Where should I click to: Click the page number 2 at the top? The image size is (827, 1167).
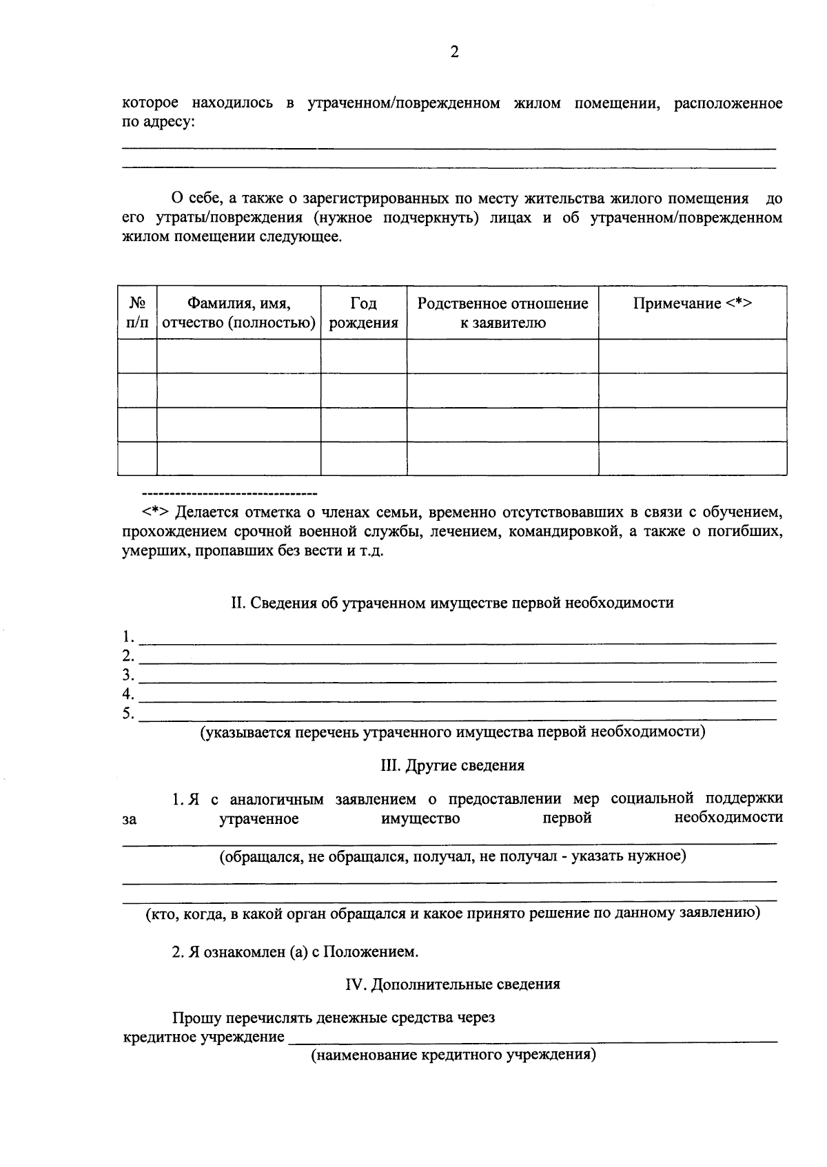(x=454, y=52)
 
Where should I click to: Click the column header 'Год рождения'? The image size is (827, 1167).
(x=363, y=313)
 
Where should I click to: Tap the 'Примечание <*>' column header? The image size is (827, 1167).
(x=692, y=304)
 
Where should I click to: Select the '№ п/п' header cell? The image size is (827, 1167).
(x=137, y=313)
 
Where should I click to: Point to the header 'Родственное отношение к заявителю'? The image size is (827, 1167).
(x=502, y=313)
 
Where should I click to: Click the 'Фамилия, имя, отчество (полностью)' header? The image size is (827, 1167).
(x=238, y=313)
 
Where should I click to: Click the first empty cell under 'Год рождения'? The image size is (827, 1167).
(x=363, y=356)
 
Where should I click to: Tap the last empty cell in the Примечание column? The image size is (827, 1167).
(x=692, y=458)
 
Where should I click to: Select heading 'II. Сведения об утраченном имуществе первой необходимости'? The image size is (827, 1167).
(x=452, y=603)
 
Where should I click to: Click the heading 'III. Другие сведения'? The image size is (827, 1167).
(x=452, y=765)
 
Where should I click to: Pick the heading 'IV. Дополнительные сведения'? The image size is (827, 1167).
(x=452, y=984)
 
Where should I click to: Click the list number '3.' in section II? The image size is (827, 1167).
(x=128, y=674)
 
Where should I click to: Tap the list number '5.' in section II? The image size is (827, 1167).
(x=128, y=713)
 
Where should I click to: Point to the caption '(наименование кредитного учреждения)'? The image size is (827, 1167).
(x=452, y=1055)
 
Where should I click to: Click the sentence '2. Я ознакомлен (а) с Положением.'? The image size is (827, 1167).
(x=295, y=952)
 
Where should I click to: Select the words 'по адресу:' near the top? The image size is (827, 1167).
(x=158, y=123)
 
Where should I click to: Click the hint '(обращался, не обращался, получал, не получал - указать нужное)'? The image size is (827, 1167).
(x=452, y=856)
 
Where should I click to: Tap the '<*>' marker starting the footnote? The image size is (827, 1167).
(x=156, y=513)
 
